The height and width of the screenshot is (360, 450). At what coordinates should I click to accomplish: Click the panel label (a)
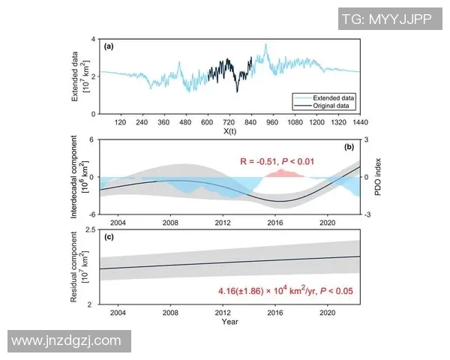click(109, 46)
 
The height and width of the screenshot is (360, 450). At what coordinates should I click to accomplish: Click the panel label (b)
click(349, 148)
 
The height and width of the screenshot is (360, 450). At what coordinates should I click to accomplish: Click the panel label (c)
click(109, 238)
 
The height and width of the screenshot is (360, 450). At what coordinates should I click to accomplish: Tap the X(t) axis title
click(230, 131)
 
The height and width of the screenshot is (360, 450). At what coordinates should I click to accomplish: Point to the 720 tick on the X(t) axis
click(229, 121)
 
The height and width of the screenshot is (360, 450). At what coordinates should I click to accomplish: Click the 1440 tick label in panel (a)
click(359, 121)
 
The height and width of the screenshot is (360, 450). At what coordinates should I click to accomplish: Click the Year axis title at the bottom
click(230, 322)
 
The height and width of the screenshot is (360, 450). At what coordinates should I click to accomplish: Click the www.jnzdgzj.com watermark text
click(67, 340)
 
